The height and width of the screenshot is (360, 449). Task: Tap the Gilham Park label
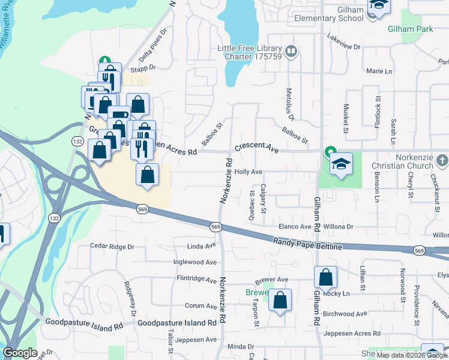point(410,28)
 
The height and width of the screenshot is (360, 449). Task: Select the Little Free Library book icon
point(291,51)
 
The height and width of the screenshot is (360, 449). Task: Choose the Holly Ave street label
point(249,172)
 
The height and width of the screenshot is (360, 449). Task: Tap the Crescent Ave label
point(256,148)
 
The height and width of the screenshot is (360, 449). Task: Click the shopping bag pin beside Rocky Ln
point(325,277)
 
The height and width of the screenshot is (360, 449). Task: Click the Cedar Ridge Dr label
point(112,246)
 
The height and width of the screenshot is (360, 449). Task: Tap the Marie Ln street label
point(379,71)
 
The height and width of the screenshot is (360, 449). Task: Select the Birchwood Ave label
point(345,314)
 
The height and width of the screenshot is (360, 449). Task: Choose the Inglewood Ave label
point(194,262)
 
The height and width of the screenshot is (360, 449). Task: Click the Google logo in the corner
point(20,353)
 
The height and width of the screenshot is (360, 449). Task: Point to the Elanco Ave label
point(295,227)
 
